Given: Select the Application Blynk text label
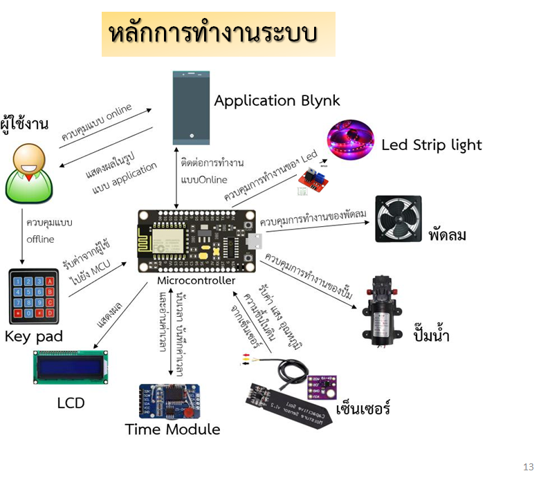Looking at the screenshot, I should (x=277, y=100).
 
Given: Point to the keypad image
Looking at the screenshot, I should (x=32, y=296).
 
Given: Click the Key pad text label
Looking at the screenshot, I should (x=34, y=336).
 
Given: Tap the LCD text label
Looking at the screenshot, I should (x=71, y=403).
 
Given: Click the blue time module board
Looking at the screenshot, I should (x=169, y=401).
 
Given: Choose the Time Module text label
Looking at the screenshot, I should (x=172, y=430).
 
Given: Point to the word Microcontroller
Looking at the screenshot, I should (x=196, y=280).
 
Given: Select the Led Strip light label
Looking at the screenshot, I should (x=431, y=145).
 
